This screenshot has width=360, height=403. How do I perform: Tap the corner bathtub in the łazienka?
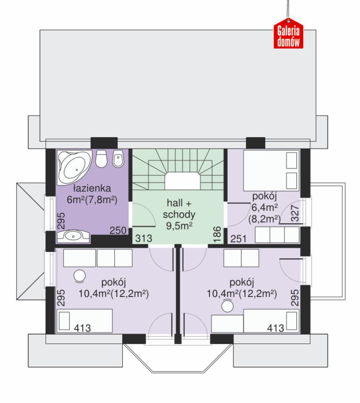tap(75, 167)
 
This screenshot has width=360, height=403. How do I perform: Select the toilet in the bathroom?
tap(101, 159)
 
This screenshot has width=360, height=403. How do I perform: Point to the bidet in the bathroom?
tap(118, 158)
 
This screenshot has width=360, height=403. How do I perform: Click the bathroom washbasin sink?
tap(74, 236)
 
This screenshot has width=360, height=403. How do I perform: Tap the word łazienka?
tap(92, 189)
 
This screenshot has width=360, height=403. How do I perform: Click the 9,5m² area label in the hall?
tap(179, 226)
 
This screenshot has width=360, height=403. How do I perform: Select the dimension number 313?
tap(144, 238)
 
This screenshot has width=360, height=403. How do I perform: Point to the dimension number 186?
tap(217, 234)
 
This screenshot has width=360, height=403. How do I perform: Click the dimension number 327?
tap(295, 213)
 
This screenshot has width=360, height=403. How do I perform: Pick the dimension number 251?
tap(238, 239)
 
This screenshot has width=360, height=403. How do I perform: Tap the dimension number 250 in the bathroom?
tap(118, 230)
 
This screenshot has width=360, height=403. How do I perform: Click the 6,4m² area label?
tap(265, 207)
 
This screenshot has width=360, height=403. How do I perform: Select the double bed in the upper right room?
tap(271, 170)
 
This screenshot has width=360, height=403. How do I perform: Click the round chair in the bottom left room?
tap(79, 276)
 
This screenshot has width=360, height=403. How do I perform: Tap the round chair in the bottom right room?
tap(228, 306)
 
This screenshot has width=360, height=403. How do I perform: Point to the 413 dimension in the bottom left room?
tap(83, 328)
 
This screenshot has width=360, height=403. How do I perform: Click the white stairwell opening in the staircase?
tap(182, 181)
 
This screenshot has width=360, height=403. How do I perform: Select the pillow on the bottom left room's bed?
tap(64, 321)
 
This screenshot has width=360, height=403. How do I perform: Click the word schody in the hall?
tap(179, 214)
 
